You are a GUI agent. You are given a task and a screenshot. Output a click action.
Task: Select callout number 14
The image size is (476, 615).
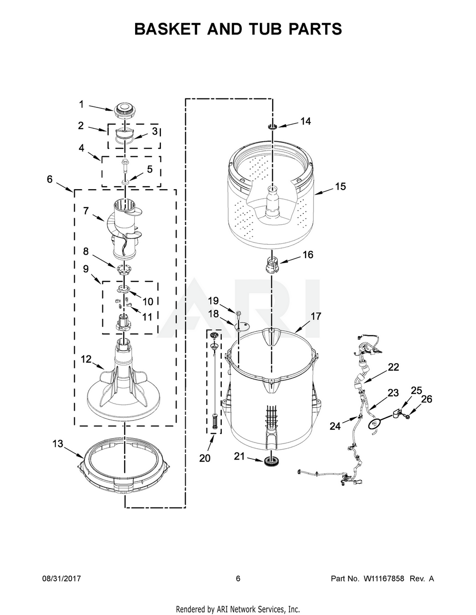306,121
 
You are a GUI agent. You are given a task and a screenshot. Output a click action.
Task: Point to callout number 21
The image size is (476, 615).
239,456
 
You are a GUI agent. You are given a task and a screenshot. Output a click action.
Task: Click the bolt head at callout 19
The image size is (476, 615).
238,312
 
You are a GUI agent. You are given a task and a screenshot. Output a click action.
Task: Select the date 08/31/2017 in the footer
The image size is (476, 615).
61,578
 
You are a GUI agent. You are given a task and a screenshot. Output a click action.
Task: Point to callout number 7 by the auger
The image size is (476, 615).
86,211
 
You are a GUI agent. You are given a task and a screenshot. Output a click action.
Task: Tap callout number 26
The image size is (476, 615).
426,399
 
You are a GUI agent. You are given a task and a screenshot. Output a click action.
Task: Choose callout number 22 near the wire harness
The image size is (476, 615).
393,367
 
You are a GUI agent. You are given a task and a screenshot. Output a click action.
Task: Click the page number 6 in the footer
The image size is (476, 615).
238,578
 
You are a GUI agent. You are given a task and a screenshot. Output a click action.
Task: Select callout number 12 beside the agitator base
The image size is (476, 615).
86,359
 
